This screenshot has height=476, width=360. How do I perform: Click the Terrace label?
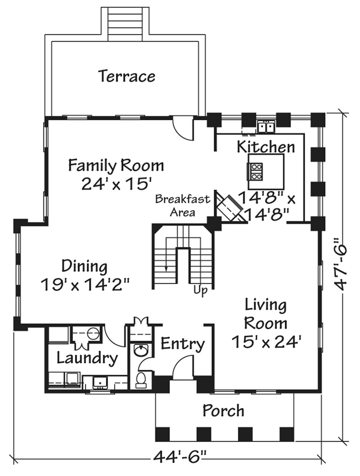click(x=127, y=76)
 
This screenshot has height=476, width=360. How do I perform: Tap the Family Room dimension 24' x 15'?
click(x=116, y=183)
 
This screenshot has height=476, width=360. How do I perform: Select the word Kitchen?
click(x=266, y=147)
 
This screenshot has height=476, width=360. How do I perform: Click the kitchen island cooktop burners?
click(x=256, y=171)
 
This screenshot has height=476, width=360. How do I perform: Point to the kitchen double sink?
click(x=266, y=127)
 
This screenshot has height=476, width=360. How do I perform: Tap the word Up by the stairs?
click(x=200, y=290)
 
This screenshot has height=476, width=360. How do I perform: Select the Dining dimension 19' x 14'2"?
click(x=85, y=285)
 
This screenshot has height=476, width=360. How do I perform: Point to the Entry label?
click(x=182, y=344)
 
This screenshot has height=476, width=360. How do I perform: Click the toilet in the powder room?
click(x=140, y=380)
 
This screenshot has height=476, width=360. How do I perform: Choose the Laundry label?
click(x=87, y=358)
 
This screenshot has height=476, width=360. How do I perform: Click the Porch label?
click(x=223, y=411)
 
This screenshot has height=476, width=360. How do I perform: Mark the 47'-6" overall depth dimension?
click(x=341, y=264)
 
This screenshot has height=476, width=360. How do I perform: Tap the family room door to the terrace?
click(x=183, y=129)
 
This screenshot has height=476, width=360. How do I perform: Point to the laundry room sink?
click(x=99, y=382)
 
